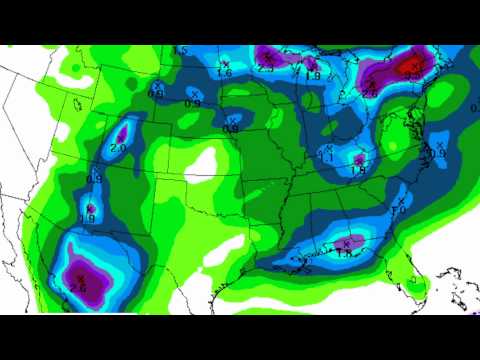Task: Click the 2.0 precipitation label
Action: (117, 148)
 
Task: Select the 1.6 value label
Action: (224, 72)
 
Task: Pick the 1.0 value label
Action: (398, 210)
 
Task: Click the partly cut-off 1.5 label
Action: (181, 50)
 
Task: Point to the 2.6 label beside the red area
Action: (370, 93)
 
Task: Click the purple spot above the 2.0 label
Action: (123, 131)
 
